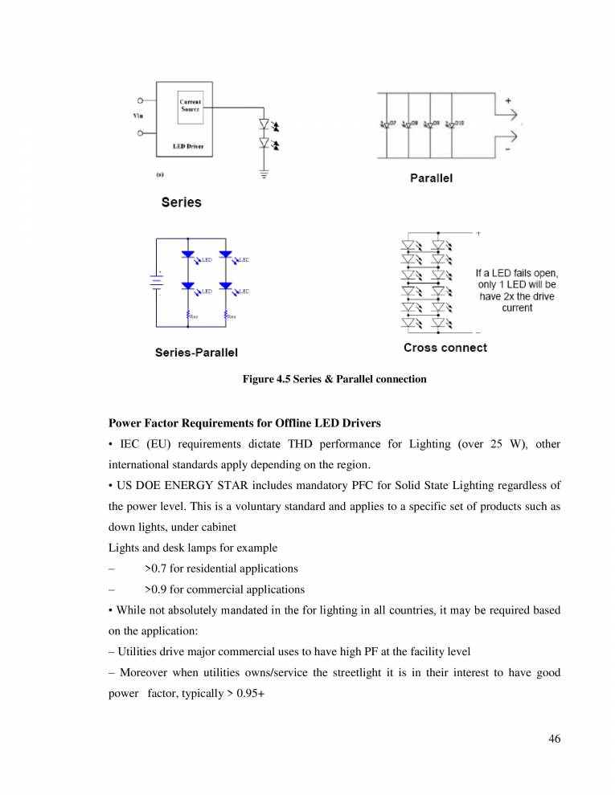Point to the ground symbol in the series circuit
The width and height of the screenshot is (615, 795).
pyautogui.click(x=264, y=172)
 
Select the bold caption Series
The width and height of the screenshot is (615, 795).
pyautogui.click(x=181, y=202)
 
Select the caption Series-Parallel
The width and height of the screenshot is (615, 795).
pyautogui.click(x=196, y=353)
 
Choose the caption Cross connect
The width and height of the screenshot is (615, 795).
pyautogui.click(x=445, y=348)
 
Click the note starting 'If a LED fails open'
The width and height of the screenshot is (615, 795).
pyautogui.click(x=516, y=291)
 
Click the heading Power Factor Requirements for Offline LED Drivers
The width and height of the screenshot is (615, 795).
pyautogui.click(x=269, y=422)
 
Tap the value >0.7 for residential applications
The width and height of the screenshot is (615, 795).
pyautogui.click(x=221, y=569)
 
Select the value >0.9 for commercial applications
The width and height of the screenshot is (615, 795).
pyautogui.click(x=224, y=589)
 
